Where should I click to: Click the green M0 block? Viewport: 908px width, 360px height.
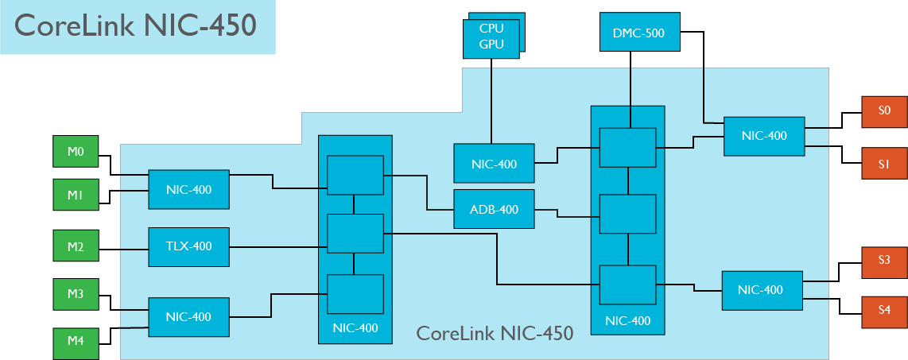point(76,152)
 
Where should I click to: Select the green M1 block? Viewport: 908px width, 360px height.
point(76,195)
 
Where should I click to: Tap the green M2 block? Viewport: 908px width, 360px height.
point(76,246)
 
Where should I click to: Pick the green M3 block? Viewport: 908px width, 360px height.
point(76,294)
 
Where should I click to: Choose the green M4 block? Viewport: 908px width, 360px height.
point(76,341)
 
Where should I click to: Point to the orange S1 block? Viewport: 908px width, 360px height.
point(884,164)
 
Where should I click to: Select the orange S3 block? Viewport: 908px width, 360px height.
point(884,261)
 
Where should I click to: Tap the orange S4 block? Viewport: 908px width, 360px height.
point(884,311)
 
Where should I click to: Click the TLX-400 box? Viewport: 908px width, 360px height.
point(189,246)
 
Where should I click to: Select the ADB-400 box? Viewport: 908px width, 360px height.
point(494,209)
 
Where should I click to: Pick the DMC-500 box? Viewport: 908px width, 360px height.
point(638,33)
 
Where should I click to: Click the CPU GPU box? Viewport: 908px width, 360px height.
point(491,37)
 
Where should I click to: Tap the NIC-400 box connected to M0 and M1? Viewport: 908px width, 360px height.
point(188,190)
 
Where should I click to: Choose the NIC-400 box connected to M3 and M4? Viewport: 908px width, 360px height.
point(188,316)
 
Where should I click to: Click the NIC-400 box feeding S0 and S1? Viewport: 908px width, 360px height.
point(764,136)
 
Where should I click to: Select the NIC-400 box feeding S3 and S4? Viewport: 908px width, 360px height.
point(761,290)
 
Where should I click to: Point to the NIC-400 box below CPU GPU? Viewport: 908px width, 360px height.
point(494,165)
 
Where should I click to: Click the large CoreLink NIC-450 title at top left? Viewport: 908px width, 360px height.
point(136,25)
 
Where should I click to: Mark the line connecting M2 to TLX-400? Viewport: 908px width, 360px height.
point(123,247)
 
